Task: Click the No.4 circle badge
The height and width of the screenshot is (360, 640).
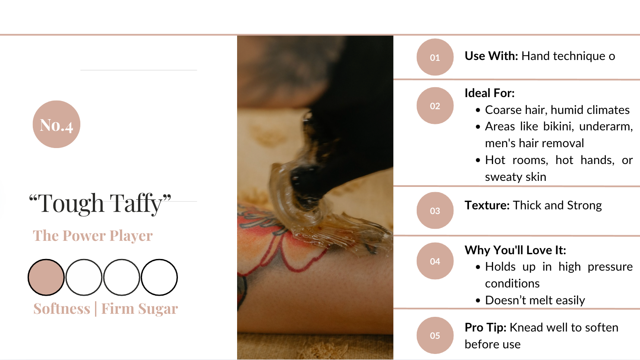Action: tap(56, 124)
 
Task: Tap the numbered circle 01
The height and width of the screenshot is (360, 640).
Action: tap(435, 57)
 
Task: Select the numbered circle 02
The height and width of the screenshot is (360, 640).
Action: tap(435, 106)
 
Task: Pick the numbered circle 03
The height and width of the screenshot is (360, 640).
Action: tap(435, 210)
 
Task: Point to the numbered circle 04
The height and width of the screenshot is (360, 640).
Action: tap(435, 261)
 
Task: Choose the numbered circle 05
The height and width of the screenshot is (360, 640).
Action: tap(435, 335)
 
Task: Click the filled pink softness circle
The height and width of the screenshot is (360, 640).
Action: tap(46, 277)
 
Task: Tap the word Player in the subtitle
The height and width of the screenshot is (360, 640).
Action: tap(131, 236)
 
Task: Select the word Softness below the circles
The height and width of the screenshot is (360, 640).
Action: tap(62, 309)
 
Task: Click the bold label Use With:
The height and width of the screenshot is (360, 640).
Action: tap(491, 56)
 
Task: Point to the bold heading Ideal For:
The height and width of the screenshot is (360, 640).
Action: tap(489, 93)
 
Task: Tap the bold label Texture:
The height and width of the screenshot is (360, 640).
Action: tap(487, 205)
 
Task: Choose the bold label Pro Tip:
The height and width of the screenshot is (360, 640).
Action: tap(485, 328)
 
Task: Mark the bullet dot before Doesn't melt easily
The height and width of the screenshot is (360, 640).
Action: tap(478, 300)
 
